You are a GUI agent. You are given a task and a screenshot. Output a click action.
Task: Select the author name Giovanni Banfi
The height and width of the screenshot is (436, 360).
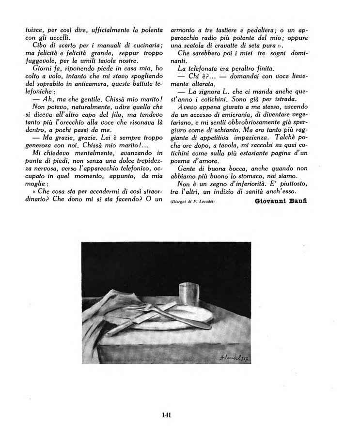[x=281, y=202]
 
